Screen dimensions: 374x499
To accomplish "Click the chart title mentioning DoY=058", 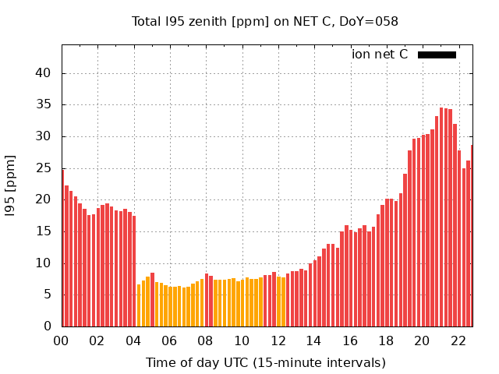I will (265, 22).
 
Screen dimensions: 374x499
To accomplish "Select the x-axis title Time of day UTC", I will (265, 362).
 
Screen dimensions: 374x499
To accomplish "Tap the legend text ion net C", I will (380, 55).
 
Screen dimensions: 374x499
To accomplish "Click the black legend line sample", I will (437, 55).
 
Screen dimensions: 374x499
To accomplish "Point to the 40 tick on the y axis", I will (45, 73).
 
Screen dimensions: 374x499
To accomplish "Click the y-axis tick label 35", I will (45, 104).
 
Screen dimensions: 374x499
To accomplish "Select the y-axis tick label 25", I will (45, 168).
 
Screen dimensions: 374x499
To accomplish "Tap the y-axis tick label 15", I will (45, 231).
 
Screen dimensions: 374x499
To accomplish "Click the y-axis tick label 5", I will (48, 295).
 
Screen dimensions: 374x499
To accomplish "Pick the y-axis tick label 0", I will (48, 326).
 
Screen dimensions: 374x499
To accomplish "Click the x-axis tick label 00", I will (62, 340).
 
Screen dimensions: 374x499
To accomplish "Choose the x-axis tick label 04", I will (133, 340).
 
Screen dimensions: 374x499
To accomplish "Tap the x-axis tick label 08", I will (206, 340).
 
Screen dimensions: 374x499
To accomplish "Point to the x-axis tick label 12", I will (278, 340).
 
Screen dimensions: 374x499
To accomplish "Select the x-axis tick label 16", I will (350, 340).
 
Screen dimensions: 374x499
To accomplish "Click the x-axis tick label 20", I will (422, 340).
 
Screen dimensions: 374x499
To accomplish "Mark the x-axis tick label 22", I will (458, 340).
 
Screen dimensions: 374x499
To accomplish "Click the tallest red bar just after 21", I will (441, 218).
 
